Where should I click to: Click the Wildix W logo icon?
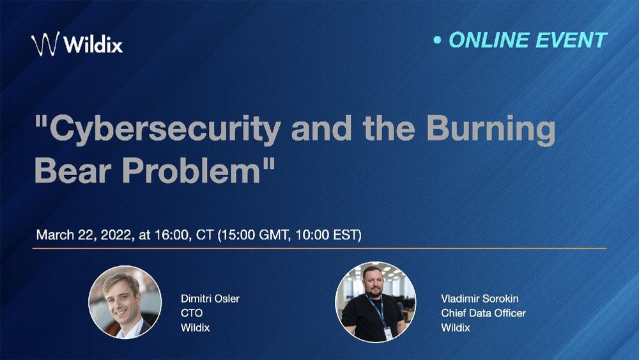tap(45, 43)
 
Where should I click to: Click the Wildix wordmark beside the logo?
tap(93, 43)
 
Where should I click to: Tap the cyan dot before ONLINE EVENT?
tap(437, 40)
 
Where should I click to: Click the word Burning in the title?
tap(491, 129)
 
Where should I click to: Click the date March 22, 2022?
tap(84, 235)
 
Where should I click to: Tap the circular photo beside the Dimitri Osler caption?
tap(125, 302)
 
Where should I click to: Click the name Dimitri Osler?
tap(210, 299)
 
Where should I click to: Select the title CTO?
tap(192, 313)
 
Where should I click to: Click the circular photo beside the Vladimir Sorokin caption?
tap(375, 302)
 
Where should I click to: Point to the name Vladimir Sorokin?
tap(480, 299)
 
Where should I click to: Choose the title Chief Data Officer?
tap(483, 313)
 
